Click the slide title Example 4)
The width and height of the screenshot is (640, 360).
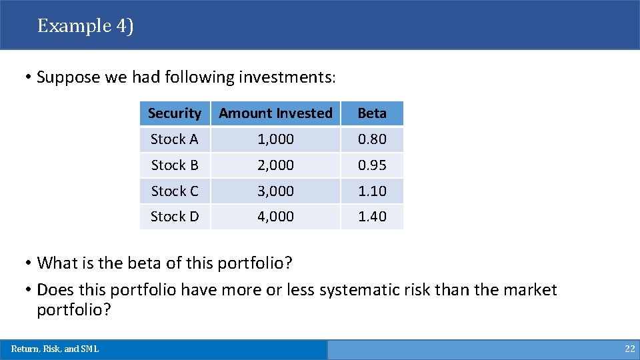tap(85, 26)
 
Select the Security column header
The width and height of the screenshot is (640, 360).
tap(175, 113)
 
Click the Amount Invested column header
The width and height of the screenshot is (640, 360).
tap(275, 113)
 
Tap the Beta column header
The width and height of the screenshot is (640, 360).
tap(372, 113)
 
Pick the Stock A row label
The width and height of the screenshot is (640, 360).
tap(175, 139)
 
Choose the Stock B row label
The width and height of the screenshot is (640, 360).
tap(175, 165)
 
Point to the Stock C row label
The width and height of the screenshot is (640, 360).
tap(175, 191)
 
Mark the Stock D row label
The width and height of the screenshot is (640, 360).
tap(175, 217)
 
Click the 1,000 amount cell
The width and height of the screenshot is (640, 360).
tap(275, 139)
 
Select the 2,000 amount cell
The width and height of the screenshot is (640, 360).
tap(275, 165)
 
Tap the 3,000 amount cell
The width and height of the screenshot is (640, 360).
tap(275, 191)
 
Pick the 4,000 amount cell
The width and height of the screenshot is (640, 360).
tap(275, 217)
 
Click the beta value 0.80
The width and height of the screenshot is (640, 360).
tap(372, 139)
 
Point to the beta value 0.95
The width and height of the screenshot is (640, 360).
tap(372, 165)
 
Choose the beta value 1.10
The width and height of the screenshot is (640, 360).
tap(372, 191)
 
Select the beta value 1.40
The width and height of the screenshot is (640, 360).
tap(372, 217)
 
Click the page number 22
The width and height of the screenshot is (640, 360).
tap(629, 349)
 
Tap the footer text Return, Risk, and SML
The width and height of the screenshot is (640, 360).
tap(55, 349)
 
